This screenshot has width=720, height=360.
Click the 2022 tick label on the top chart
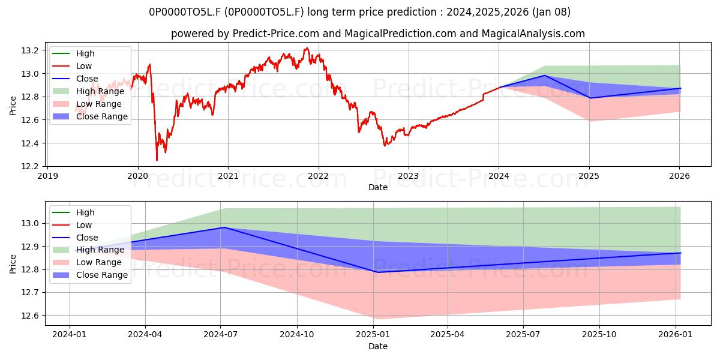pyautogui.click(x=318, y=176)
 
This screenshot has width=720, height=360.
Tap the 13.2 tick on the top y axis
pyautogui.click(x=30, y=50)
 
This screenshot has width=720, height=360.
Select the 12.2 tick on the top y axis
pyautogui.click(x=30, y=167)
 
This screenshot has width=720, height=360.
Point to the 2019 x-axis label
pyautogui.click(x=47, y=176)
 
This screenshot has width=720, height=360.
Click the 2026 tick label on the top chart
pyautogui.click(x=679, y=176)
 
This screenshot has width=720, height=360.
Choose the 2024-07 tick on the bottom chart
pyautogui.click(x=221, y=335)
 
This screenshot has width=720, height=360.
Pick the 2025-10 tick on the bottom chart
pyautogui.click(x=599, y=335)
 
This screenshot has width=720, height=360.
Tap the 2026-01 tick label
pyautogui.click(x=676, y=335)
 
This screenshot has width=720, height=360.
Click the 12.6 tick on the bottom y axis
pyautogui.click(x=30, y=316)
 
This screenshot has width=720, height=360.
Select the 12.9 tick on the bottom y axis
pyautogui.click(x=30, y=247)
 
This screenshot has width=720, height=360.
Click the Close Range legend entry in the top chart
pyautogui.click(x=90, y=116)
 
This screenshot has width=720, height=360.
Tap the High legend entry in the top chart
pyautogui.click(x=73, y=53)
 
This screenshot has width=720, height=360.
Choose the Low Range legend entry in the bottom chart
pyautogui.click(x=87, y=262)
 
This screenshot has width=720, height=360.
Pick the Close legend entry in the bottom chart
pyautogui.click(x=75, y=238)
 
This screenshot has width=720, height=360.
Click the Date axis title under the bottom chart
pyautogui.click(x=377, y=346)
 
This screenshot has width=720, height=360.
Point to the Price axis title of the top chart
pyautogui.click(x=13, y=106)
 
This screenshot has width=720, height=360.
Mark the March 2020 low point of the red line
pyautogui.click(x=157, y=160)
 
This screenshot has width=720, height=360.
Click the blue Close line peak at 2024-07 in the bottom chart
pyautogui.click(x=224, y=227)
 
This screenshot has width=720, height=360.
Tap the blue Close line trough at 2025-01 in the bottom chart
pyautogui.click(x=377, y=272)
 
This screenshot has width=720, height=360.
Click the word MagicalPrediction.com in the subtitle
pyautogui.click(x=400, y=34)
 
